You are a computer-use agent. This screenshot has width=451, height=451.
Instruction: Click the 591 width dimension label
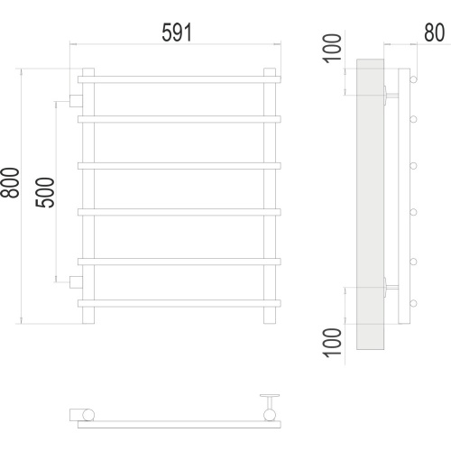[x=177, y=32]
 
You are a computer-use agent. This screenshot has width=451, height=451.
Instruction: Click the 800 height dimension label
[x=10, y=182]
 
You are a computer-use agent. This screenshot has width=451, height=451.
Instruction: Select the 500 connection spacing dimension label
[x=45, y=192]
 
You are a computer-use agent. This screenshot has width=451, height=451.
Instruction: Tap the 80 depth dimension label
[x=434, y=32]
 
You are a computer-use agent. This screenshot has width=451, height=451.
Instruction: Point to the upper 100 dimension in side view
[x=332, y=49]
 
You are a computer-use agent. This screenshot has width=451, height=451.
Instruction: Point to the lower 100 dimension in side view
[x=332, y=343]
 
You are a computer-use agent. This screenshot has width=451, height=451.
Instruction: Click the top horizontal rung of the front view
[x=179, y=79]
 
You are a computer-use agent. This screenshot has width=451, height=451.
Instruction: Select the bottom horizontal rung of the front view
[x=179, y=303]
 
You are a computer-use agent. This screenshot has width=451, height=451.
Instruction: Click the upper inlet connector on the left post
[x=76, y=101]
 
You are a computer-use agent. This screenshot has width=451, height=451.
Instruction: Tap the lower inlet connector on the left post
[x=76, y=282]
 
